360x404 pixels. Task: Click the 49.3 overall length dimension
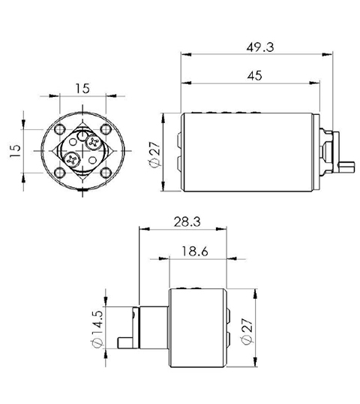click(x=259, y=46)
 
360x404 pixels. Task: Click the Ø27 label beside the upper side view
click(x=156, y=155)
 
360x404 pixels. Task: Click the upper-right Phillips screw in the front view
click(x=92, y=140)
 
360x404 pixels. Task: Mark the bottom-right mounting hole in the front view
click(x=104, y=173)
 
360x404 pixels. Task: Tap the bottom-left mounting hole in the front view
click(x=58, y=173)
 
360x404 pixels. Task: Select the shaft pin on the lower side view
click(x=126, y=344)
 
